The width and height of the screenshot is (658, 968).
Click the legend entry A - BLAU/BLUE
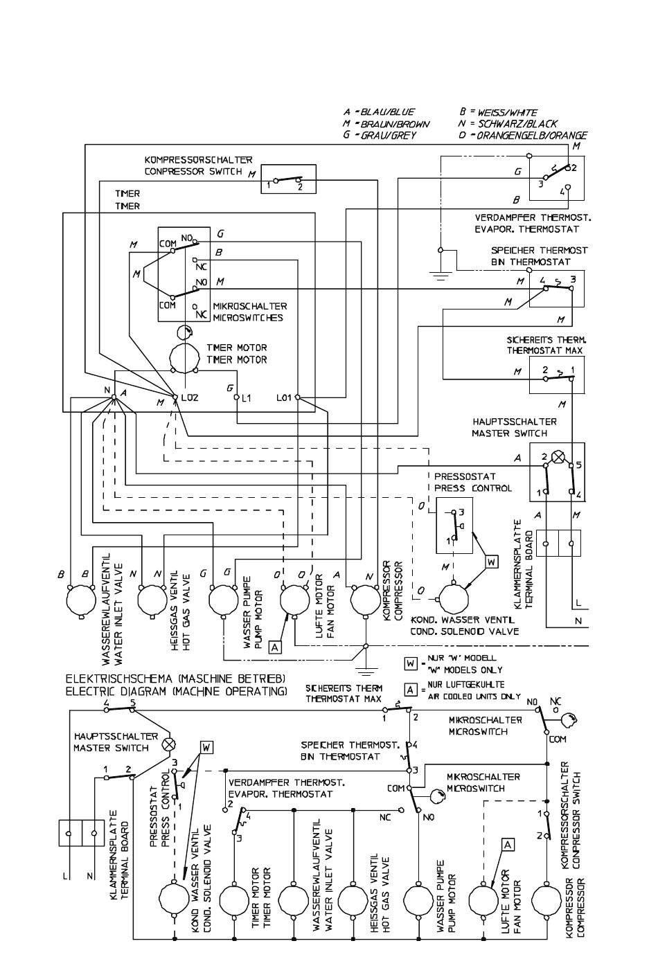pos(379,112)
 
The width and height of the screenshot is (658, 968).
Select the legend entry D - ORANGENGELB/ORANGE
pos(523,135)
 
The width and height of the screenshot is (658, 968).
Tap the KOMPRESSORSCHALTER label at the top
pos(198,160)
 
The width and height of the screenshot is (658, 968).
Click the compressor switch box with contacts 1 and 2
pos(288,179)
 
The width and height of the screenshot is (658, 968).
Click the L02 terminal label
pos(190,397)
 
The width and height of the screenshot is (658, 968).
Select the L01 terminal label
pos(284,397)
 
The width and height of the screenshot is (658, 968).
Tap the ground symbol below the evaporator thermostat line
pos(440,276)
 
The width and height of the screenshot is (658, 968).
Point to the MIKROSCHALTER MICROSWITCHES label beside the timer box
pos(250,312)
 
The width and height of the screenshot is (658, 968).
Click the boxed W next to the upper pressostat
pos(492,562)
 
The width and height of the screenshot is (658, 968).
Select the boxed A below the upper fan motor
pos(275,647)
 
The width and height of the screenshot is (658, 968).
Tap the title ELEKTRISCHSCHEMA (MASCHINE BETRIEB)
pos(175,679)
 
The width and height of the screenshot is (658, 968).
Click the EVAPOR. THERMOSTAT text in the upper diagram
pos(527,229)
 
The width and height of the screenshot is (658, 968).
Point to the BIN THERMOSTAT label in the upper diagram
pos(531,262)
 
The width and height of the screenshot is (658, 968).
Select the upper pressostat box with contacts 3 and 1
pos(454,526)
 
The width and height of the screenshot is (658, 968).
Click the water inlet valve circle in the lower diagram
pos(294,899)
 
